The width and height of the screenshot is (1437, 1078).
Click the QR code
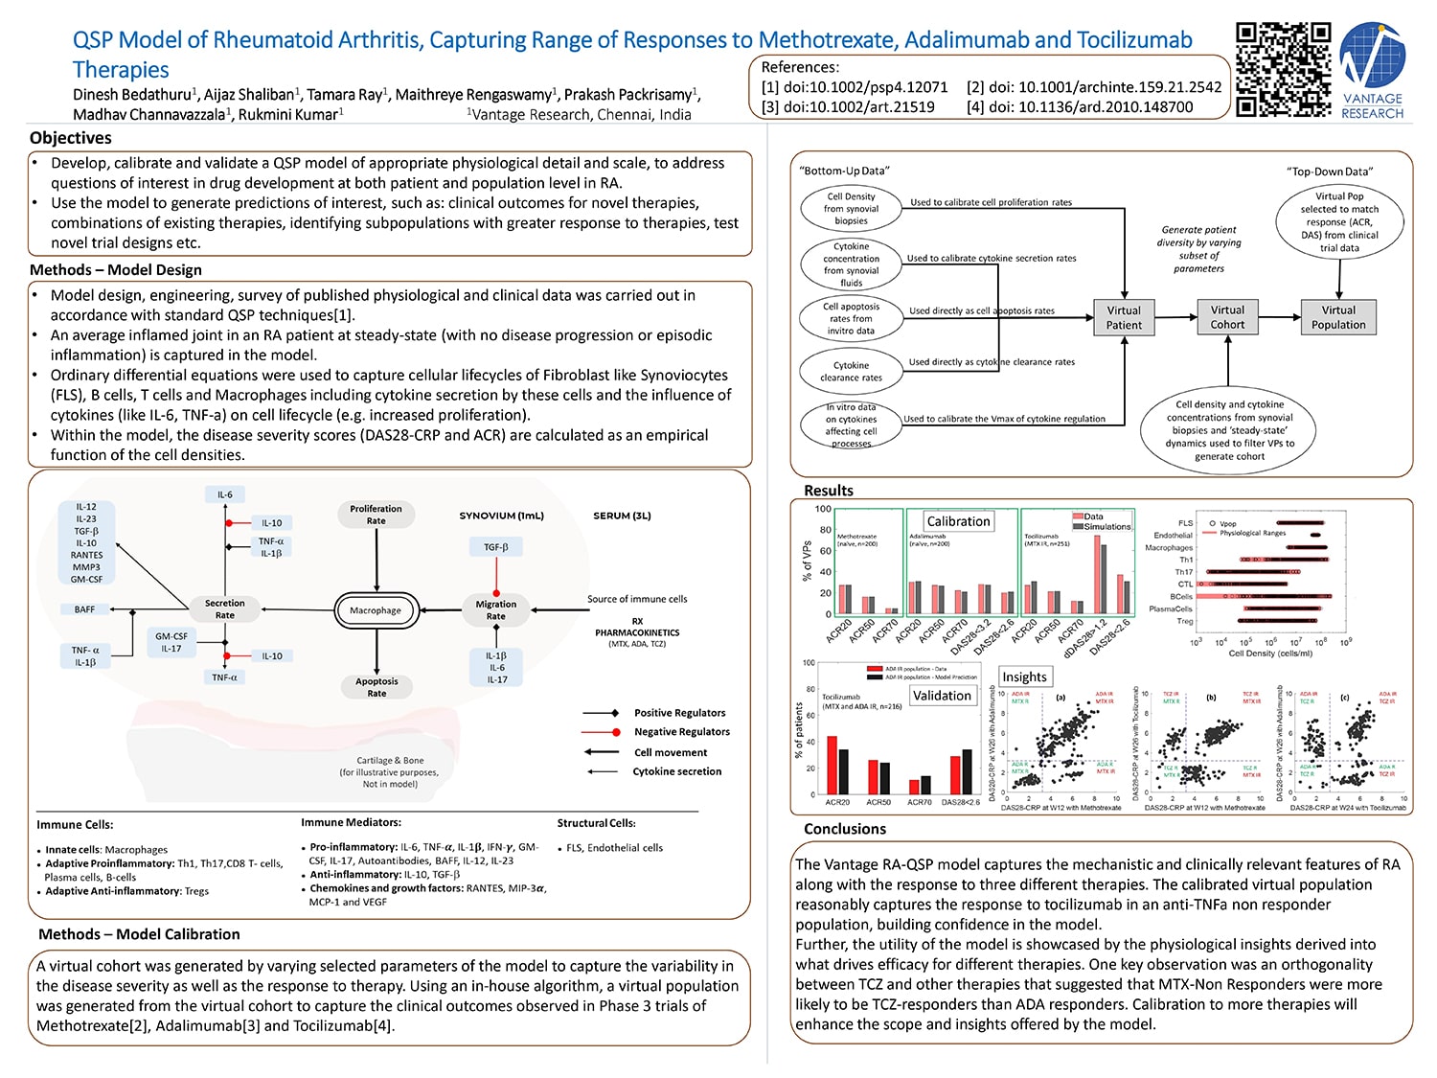pyautogui.click(x=1283, y=70)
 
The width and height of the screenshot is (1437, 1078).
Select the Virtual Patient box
pyautogui.click(x=1124, y=317)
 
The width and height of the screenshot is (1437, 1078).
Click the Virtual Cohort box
pyautogui.click(x=1227, y=317)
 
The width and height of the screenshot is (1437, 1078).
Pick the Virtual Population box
pyautogui.click(x=1338, y=317)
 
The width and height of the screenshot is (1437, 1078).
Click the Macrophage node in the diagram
pyautogui.click(x=376, y=610)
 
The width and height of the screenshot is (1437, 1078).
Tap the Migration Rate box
pyautogui.click(x=495, y=610)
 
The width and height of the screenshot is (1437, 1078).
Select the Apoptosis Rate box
pyautogui.click(x=376, y=687)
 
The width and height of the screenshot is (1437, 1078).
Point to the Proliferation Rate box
pyautogui.click(x=376, y=515)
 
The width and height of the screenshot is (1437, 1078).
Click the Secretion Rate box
pyautogui.click(x=224, y=609)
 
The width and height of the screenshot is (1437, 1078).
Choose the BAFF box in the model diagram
pyautogui.click(x=85, y=609)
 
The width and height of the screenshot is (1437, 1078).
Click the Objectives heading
pyautogui.click(x=71, y=138)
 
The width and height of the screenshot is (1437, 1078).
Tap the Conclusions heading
pyautogui.click(x=845, y=829)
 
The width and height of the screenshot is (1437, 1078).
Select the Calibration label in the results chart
pyautogui.click(x=958, y=521)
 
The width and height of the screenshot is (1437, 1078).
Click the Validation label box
pyautogui.click(x=942, y=696)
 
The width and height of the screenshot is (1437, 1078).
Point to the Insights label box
pyautogui.click(x=1024, y=677)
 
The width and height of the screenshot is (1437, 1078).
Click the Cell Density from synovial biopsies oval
pyautogui.click(x=851, y=209)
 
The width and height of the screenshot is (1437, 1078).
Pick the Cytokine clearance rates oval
pyautogui.click(x=851, y=372)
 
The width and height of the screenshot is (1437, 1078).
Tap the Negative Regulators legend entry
pyautogui.click(x=681, y=732)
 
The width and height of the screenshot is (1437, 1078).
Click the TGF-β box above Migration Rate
pyautogui.click(x=496, y=547)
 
